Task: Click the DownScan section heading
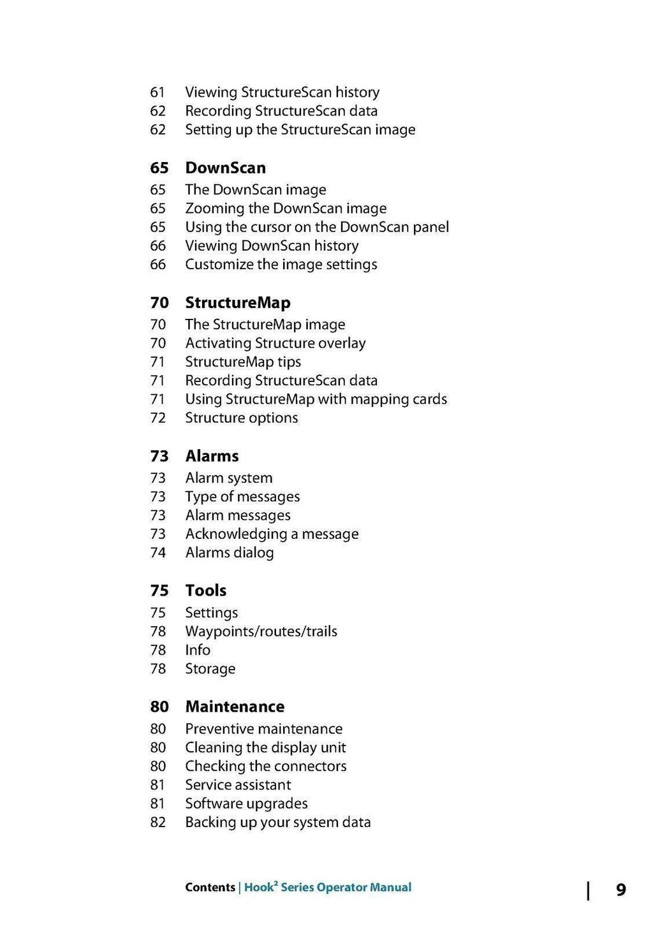(225, 168)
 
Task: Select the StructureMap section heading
(237, 302)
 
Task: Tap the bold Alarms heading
(212, 456)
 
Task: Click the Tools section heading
(205, 591)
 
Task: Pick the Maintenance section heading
(235, 707)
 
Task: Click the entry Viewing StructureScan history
(282, 92)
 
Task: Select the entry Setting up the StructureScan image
(300, 129)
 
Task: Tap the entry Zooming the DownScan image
(286, 209)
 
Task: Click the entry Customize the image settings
(281, 264)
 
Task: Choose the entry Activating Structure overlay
(275, 343)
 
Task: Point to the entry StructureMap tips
(243, 362)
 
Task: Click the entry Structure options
(241, 418)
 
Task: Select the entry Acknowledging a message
(272, 534)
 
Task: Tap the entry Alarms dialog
(229, 552)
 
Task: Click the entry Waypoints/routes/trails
(261, 631)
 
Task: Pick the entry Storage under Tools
(210, 668)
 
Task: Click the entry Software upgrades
(246, 804)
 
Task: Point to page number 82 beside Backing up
(158, 822)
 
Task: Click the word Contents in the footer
(210, 887)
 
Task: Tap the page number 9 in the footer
(620, 890)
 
